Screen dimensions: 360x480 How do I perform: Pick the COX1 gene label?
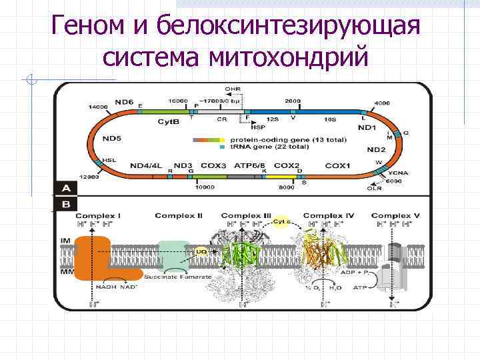click(337, 165)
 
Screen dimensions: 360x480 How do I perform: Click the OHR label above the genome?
click(233, 89)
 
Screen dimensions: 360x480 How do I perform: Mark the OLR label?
click(375, 189)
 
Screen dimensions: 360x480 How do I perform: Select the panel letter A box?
click(66, 187)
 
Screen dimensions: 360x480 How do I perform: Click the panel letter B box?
click(66, 204)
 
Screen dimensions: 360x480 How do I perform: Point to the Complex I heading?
click(98, 216)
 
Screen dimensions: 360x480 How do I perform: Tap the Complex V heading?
click(395, 216)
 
